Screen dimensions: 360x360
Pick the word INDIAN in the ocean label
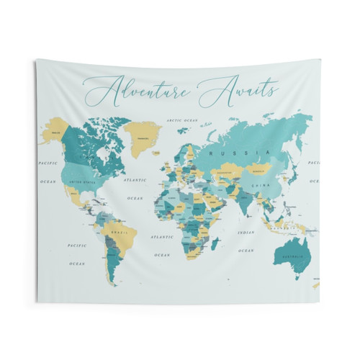[245, 232]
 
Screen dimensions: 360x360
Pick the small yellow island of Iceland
[165, 147]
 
